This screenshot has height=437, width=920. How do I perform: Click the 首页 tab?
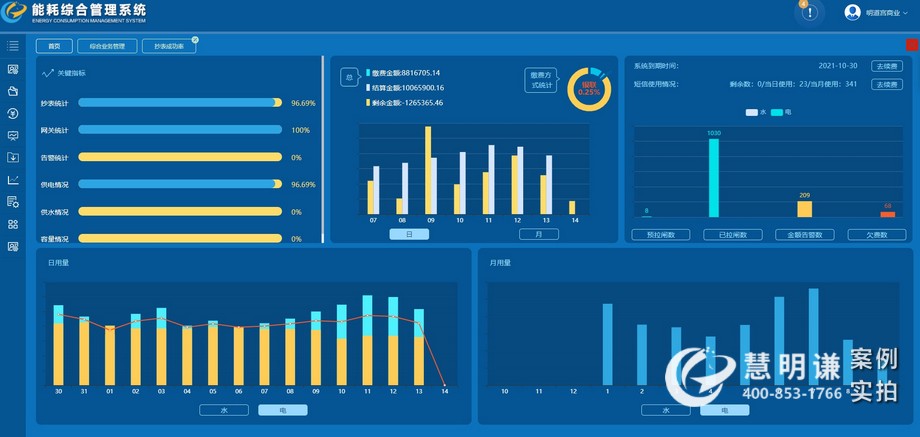coord(54,46)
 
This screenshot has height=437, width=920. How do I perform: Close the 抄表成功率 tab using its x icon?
coord(195,40)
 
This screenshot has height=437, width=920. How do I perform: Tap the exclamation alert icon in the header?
coord(810,13)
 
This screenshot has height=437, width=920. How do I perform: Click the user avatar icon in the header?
coord(853,13)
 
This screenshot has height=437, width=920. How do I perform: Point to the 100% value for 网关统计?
coord(300,130)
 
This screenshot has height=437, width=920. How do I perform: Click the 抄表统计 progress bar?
coord(180,103)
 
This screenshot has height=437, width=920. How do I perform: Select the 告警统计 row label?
coord(54,158)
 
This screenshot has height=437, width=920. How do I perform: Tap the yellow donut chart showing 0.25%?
coord(589,89)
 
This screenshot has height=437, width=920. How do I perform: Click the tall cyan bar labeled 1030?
coord(714,177)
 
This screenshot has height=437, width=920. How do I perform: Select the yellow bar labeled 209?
coord(804,208)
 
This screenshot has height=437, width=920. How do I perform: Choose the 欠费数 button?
coord(877,235)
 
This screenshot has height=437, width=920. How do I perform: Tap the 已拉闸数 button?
coord(732,235)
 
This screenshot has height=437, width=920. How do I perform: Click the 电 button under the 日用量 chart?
coord(282,410)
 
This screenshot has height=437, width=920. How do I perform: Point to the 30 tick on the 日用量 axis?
coord(58,391)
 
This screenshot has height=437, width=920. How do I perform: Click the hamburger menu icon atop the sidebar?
coord(13,45)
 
